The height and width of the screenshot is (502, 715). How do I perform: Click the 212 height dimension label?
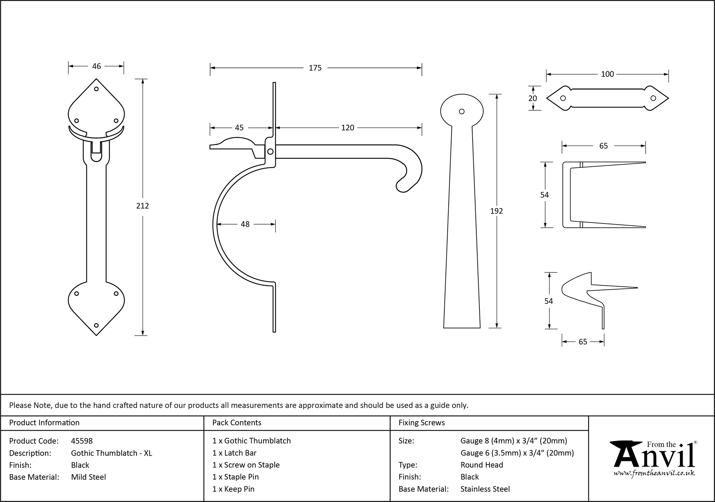[142, 206]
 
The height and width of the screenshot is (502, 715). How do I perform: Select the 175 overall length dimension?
[315, 68]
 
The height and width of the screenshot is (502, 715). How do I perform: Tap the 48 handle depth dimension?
[245, 224]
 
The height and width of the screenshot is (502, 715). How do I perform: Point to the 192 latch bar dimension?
[496, 211]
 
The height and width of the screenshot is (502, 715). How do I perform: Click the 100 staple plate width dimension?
[607, 74]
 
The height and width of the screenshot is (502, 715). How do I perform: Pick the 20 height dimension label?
[533, 98]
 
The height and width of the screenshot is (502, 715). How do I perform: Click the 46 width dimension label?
[97, 66]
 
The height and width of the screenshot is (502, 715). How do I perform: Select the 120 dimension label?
[347, 127]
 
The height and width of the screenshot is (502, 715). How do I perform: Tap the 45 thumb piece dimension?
[239, 127]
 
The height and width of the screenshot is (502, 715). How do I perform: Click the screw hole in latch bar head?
[462, 111]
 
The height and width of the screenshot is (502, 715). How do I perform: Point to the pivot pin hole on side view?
[270, 152]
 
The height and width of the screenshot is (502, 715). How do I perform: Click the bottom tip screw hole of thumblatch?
[96, 325]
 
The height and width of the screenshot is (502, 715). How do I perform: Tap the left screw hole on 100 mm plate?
[563, 98]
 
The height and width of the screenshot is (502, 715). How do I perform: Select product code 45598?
[82, 441]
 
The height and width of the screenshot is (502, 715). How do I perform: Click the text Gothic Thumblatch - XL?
[112, 453]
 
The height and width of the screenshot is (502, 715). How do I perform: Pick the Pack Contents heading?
[237, 423]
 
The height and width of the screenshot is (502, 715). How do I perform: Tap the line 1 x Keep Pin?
[233, 489]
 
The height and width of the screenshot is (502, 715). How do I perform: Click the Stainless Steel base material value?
[485, 489]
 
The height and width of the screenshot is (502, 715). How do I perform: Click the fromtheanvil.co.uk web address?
[654, 473]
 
